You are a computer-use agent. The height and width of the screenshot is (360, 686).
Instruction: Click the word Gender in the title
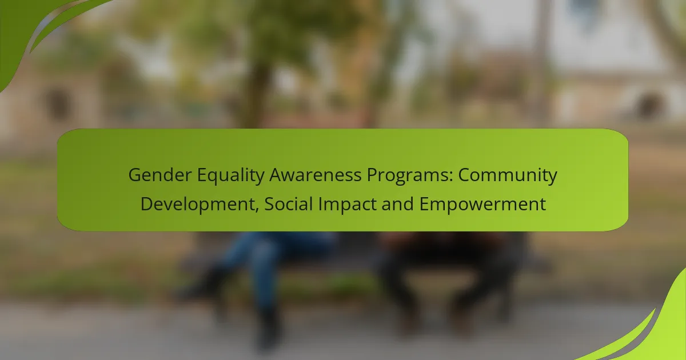point(160,175)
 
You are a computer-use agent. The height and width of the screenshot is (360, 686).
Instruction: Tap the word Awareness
point(316,175)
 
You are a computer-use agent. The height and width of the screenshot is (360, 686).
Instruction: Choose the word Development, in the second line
point(200,204)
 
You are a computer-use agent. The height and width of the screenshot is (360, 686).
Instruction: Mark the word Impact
point(347,205)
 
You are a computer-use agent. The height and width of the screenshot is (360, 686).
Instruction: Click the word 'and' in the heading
point(397,204)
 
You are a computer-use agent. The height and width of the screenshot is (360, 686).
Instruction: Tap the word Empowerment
point(482,205)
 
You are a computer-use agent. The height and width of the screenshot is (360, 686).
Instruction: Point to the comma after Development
point(257,209)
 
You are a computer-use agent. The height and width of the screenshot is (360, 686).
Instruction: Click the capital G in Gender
point(134,175)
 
